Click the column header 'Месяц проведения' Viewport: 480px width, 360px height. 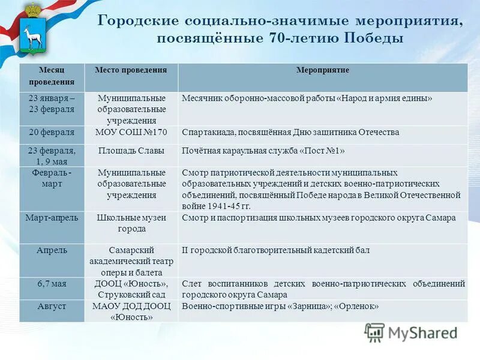[x=51, y=76]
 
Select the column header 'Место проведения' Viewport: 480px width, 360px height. [x=131, y=71]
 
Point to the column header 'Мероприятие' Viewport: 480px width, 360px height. [x=323, y=71]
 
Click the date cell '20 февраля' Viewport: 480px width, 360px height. [x=52, y=132]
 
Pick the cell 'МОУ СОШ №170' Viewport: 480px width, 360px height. [x=131, y=132]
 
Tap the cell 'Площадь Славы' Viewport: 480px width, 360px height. [x=131, y=151]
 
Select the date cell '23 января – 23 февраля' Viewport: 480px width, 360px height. [x=52, y=104]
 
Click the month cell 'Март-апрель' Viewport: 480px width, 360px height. [x=52, y=218]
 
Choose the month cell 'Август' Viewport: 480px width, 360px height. [x=52, y=307]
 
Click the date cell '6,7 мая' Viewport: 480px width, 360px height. [x=52, y=284]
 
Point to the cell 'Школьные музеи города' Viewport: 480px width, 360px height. [x=131, y=223]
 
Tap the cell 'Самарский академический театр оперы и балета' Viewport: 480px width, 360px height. [x=131, y=260]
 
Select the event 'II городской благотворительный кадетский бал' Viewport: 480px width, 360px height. [x=275, y=250]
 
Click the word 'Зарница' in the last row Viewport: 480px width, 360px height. [x=304, y=307]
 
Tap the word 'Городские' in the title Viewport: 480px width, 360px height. [x=137, y=21]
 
